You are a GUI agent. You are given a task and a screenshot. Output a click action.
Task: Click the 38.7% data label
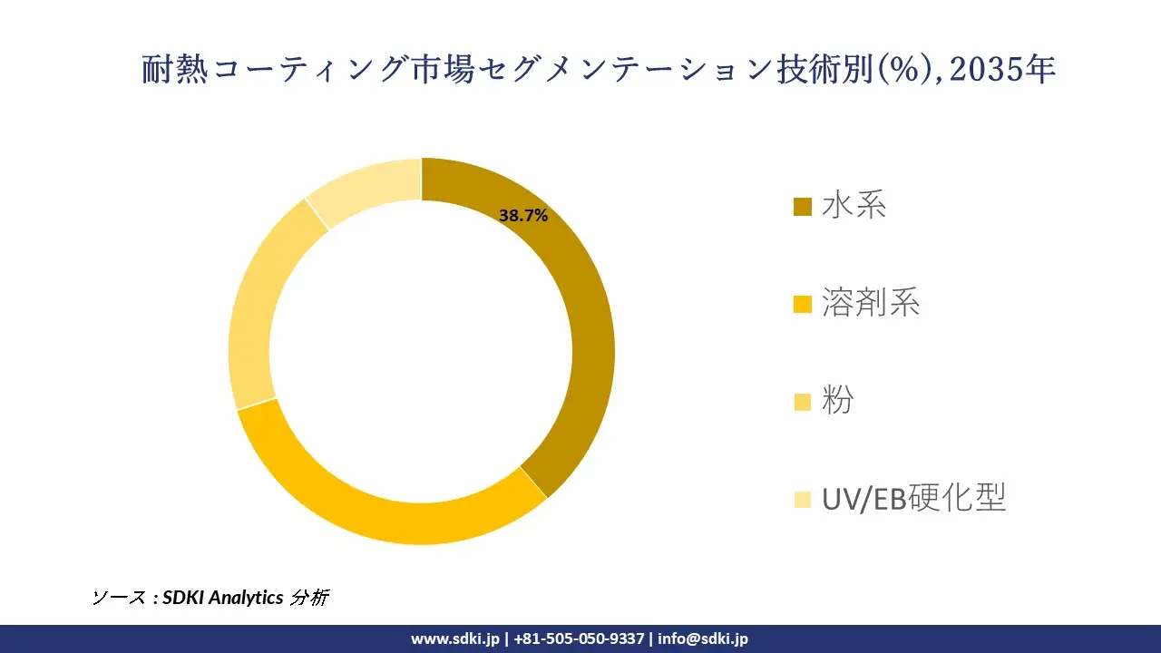523,216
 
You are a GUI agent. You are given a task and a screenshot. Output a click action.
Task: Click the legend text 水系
854,206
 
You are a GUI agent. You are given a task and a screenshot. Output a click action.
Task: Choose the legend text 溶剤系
870,303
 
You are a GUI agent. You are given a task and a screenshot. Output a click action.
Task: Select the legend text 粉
837,400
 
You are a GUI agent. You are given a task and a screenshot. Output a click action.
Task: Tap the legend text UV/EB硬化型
913,497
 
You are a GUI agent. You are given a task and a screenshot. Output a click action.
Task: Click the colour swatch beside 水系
803,208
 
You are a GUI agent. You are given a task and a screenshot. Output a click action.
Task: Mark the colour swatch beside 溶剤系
803,305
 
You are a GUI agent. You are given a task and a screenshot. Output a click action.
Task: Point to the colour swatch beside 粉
803,402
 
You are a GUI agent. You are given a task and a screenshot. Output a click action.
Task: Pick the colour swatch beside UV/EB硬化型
803,499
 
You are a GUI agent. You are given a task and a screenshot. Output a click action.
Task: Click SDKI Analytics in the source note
222,598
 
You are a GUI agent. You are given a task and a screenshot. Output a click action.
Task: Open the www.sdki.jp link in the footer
455,638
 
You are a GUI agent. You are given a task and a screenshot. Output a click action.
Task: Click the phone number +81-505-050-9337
579,638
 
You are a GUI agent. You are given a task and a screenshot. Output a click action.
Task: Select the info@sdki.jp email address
703,638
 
